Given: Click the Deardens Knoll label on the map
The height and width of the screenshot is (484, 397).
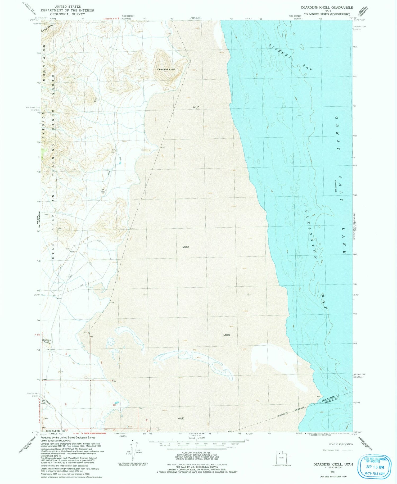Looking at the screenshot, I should (x=166, y=70).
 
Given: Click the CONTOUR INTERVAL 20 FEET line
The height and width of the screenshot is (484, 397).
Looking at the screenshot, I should (x=197, y=453).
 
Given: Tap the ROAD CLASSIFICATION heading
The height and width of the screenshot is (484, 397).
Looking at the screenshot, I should (x=341, y=444).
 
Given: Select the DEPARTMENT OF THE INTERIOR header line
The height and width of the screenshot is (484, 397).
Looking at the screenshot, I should (x=67, y=10).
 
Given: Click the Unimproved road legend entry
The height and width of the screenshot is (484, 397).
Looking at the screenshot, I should (x=331, y=450).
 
